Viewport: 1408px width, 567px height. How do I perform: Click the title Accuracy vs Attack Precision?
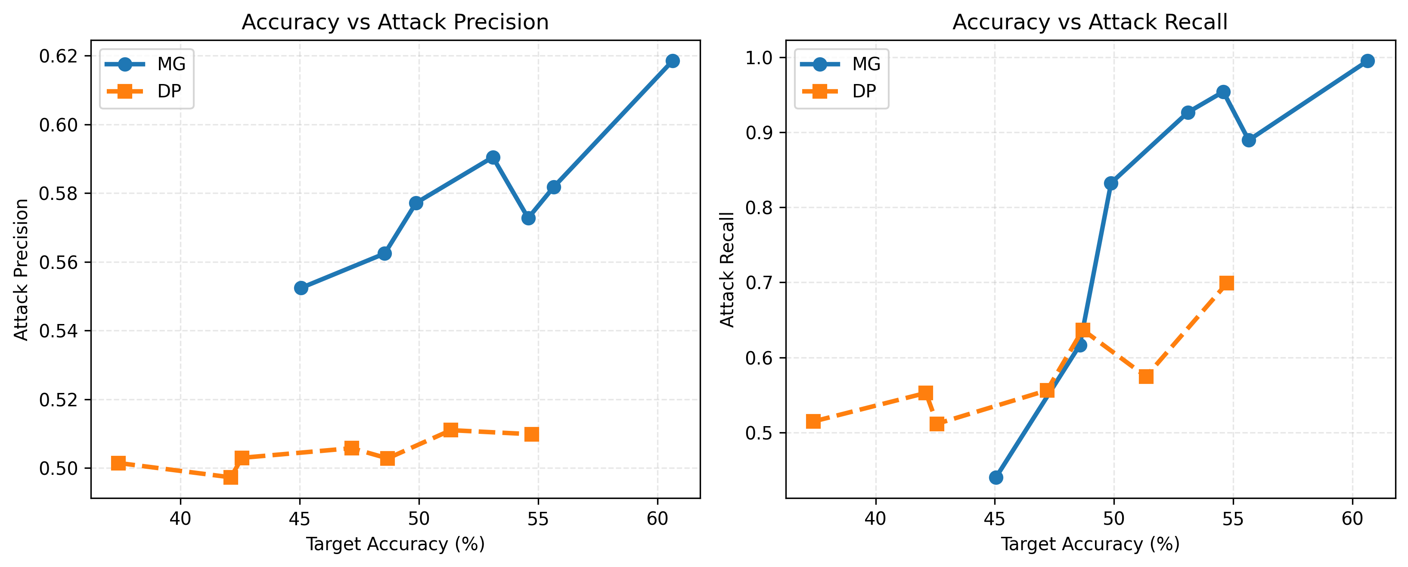pos(395,22)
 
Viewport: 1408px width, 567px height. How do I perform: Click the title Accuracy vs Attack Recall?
pos(1090,22)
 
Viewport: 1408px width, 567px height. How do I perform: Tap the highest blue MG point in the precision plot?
pos(672,61)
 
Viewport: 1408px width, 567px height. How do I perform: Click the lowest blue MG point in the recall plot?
pos(996,477)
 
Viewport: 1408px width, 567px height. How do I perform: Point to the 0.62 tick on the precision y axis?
pos(58,56)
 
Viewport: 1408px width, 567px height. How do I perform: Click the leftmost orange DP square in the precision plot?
pos(118,463)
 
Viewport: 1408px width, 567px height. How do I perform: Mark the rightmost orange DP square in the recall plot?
pos(1227,283)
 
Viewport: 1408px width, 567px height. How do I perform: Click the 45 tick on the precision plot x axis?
pos(300,518)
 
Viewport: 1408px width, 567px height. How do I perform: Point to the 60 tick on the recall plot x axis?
pos(1352,518)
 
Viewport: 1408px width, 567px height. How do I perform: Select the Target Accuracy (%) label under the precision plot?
pos(395,544)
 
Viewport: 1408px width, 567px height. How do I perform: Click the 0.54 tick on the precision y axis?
pos(58,331)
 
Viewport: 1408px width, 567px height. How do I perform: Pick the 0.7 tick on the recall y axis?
pos(759,283)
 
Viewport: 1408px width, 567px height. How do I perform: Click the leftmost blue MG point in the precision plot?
pos(301,288)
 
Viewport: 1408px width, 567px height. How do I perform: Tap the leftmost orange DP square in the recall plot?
pos(813,421)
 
